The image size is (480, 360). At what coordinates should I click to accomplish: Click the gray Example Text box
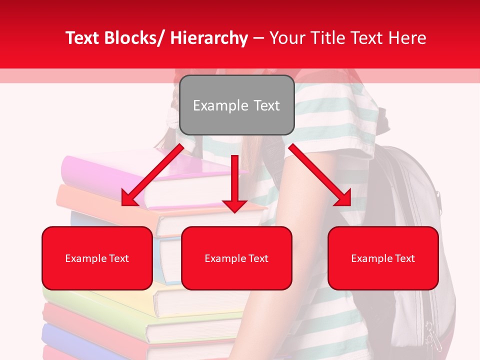[x=236, y=105]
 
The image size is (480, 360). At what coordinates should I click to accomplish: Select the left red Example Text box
[x=97, y=258]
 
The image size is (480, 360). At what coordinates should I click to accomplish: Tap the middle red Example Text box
[x=236, y=258]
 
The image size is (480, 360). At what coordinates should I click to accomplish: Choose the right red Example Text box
[x=383, y=258]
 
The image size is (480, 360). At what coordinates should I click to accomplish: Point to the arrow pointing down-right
[x=319, y=174]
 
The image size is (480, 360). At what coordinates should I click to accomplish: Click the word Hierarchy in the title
[x=209, y=38]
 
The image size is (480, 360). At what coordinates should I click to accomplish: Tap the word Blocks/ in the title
[x=137, y=38]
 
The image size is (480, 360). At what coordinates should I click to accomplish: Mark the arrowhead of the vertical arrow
[x=234, y=205]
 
